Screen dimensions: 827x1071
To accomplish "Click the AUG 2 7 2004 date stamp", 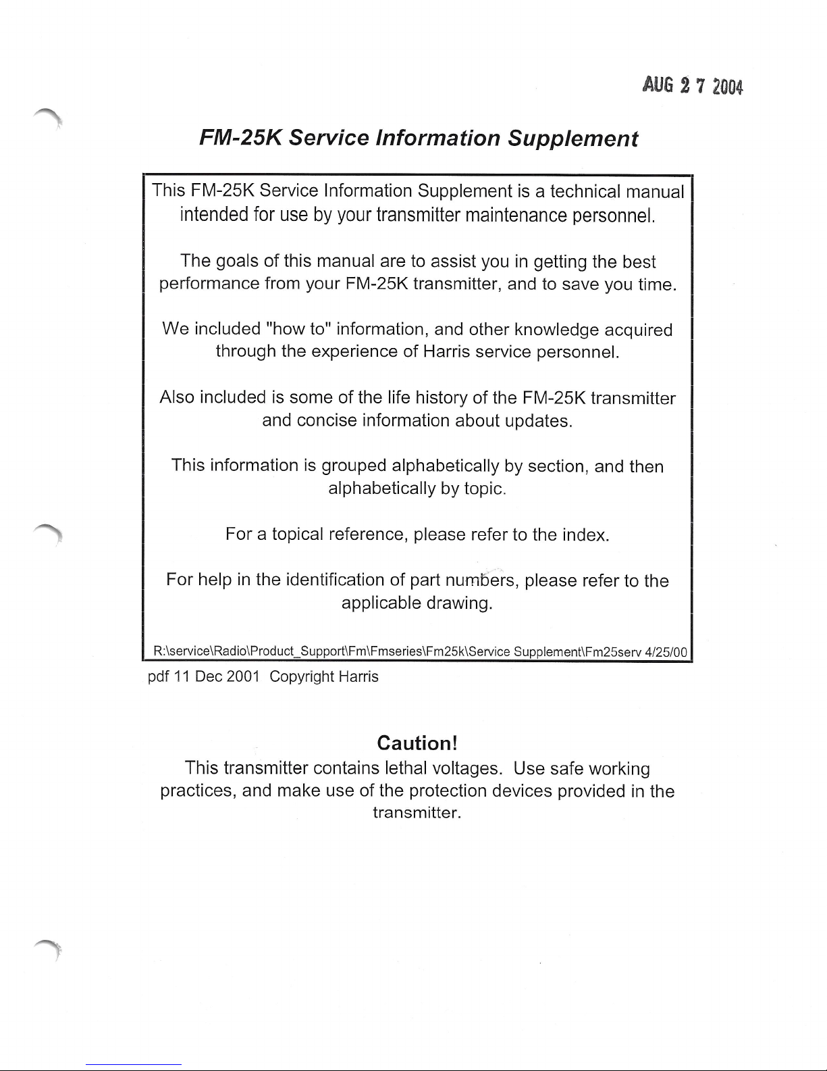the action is coord(692,86).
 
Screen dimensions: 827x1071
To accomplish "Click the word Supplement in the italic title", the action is coord(572,139).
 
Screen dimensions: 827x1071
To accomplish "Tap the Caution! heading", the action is coord(418,743).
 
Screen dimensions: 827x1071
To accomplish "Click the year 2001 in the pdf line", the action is coord(239,676).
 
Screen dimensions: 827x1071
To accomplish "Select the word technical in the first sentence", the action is coord(585,191).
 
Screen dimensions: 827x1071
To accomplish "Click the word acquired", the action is coord(638,330).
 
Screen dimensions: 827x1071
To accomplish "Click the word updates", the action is coord(539,420).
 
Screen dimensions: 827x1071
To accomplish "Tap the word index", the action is coord(585,536).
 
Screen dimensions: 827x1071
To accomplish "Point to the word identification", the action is coord(335,580).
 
